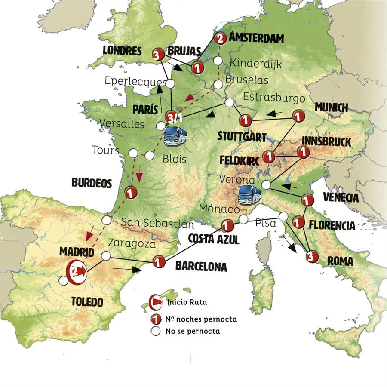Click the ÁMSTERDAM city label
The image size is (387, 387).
(256, 38)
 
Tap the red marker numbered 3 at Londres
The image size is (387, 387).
(158, 55)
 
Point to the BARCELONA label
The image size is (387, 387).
(201, 267)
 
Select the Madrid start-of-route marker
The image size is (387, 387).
(76, 271)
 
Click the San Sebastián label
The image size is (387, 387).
(157, 224)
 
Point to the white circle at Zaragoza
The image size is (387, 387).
(106, 256)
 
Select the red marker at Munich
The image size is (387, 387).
(298, 116)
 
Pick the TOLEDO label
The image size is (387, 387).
(87, 302)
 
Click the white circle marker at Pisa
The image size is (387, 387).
(283, 216)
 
